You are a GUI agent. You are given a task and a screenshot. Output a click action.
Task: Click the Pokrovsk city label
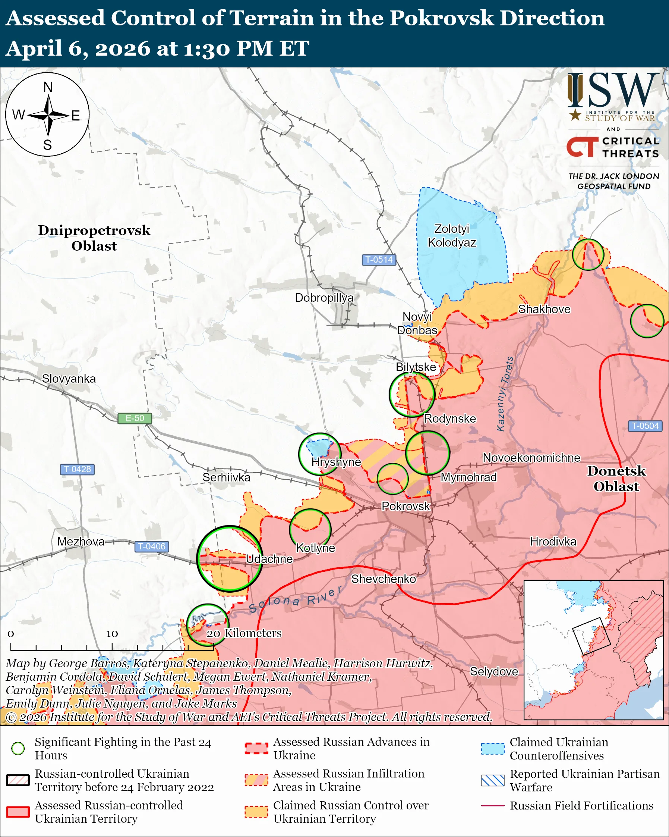(405, 506)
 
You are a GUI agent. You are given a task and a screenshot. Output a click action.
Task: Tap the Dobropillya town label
(324, 297)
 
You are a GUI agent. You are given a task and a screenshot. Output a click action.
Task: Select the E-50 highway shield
(135, 418)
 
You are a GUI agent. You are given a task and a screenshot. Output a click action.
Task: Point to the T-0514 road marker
(379, 259)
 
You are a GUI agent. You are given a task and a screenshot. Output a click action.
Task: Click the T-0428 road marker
(77, 469)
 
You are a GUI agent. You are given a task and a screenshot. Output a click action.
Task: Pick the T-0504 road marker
(645, 426)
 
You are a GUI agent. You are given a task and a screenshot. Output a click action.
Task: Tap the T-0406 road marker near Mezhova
(152, 546)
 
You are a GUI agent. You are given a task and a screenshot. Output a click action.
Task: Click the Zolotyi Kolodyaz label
(452, 236)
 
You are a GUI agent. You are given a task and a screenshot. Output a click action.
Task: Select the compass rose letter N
(48, 87)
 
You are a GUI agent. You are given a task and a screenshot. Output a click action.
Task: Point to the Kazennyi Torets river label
(505, 394)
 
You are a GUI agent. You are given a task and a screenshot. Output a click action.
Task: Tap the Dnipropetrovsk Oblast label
(94, 238)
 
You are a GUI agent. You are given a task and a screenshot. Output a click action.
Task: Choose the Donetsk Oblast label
(616, 478)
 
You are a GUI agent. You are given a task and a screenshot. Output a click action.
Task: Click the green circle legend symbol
(18, 748)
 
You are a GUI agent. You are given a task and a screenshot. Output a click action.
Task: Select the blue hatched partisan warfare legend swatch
(493, 780)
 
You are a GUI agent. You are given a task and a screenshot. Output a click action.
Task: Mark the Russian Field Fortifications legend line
(493, 806)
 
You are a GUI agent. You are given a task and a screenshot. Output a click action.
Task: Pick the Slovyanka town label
(69, 379)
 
